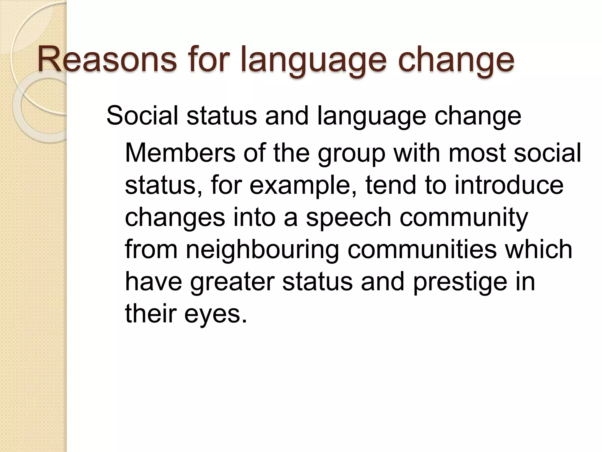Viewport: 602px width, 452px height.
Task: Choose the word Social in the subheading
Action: pos(142,115)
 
